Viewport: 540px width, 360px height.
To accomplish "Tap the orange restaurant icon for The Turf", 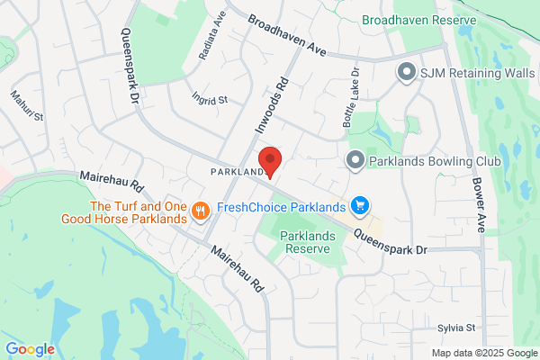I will [200, 211].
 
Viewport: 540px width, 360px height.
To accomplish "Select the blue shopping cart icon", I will [360, 206].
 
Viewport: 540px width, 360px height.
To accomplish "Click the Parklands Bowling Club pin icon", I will [355, 161].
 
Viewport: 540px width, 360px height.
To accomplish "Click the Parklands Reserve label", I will [308, 241].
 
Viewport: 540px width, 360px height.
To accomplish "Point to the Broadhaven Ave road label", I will [286, 35].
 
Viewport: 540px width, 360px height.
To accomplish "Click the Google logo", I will [30, 348].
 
